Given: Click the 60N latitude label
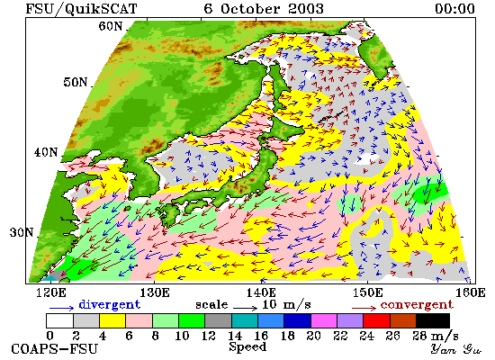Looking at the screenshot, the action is tap(111, 26).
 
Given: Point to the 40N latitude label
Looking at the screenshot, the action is tap(46, 152).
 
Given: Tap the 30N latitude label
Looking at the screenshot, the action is tap(22, 233).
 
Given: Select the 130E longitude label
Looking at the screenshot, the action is tap(155, 292).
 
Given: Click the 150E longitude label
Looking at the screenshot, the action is tap(368, 292).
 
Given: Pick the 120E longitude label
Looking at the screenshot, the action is tap(51, 292).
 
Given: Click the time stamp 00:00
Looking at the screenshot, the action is tap(454, 8).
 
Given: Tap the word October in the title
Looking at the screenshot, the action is tap(249, 8).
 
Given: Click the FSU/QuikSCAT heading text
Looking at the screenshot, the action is tap(81, 9).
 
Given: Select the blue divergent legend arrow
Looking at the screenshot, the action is tap(61, 308).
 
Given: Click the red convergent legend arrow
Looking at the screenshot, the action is tap(364, 308).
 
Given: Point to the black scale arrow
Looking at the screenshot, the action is tap(246, 308).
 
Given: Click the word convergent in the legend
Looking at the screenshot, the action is tap(417, 305).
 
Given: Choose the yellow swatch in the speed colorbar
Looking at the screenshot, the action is tap(112, 320).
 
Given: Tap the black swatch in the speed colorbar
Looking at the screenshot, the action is tap(433, 320).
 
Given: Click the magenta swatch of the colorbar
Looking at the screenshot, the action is tap(324, 320).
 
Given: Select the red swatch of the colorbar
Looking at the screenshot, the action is tap(376, 320).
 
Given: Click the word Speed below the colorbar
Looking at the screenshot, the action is tap(247, 347).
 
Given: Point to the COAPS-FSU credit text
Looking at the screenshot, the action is tap(54, 349).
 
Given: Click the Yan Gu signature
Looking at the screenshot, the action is tap(456, 349).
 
